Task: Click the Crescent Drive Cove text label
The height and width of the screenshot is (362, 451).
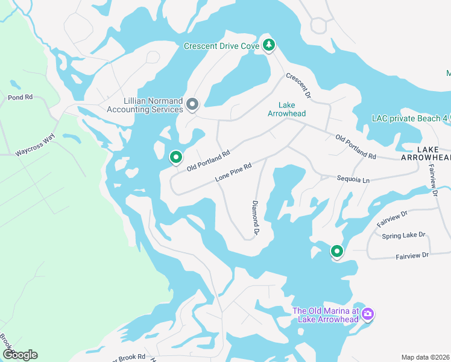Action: [221, 46]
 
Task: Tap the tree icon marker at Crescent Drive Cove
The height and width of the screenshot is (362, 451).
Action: [269, 45]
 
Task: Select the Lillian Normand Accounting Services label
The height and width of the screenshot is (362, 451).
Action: [145, 106]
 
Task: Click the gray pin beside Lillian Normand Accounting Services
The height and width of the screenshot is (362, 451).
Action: [192, 105]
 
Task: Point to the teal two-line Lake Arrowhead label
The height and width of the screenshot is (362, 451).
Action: [287, 109]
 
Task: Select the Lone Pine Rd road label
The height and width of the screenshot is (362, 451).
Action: [233, 172]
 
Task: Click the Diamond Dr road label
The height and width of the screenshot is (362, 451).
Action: [255, 218]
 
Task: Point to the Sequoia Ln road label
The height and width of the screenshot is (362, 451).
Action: [353, 179]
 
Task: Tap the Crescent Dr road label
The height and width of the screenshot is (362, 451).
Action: [298, 86]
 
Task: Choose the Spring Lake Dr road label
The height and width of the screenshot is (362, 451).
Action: [403, 235]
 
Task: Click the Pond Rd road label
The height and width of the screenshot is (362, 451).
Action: [20, 97]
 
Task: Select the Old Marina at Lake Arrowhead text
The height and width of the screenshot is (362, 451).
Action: [325, 315]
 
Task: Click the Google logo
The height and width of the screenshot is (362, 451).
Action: [20, 355]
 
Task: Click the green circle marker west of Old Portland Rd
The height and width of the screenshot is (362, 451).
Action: [176, 157]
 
